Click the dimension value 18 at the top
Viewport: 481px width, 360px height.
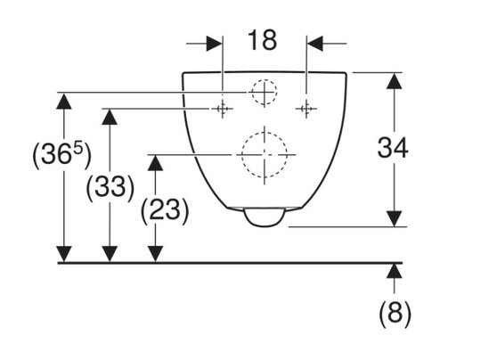(x=262, y=40)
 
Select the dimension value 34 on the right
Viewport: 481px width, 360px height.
(x=393, y=148)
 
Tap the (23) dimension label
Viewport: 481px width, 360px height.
(x=165, y=210)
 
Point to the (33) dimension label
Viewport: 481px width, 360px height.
(x=110, y=187)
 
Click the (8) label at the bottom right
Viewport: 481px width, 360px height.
(x=395, y=314)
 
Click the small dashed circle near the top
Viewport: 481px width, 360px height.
(x=265, y=92)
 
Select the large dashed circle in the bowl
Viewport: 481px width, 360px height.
(x=265, y=155)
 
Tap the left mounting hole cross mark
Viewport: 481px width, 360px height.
(x=223, y=109)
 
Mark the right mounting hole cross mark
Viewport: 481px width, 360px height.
(x=306, y=109)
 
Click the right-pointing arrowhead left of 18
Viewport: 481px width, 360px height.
(x=215, y=44)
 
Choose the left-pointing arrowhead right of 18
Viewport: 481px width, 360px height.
(x=314, y=44)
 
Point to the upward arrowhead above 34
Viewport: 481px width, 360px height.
(x=395, y=81)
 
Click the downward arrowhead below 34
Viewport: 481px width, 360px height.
(x=395, y=218)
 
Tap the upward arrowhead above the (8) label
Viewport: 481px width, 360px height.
(x=395, y=271)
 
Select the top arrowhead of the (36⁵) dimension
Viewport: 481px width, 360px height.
(x=64, y=102)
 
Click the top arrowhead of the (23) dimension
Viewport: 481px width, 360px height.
(x=155, y=163)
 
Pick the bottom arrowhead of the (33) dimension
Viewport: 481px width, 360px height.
(x=110, y=254)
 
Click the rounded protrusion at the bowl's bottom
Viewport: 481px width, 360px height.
(x=265, y=217)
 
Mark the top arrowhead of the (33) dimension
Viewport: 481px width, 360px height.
(x=110, y=117)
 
